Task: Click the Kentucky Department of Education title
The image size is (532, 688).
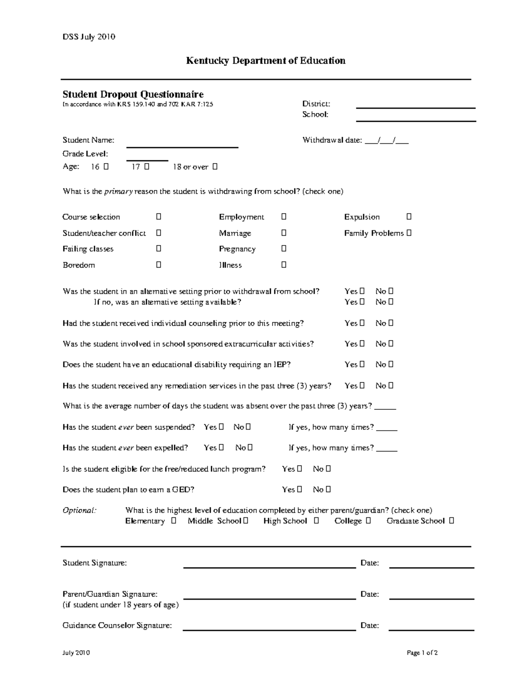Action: (x=266, y=61)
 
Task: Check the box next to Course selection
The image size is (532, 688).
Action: (x=158, y=217)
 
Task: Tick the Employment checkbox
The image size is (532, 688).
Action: (x=284, y=217)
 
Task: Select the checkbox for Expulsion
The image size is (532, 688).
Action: (x=409, y=217)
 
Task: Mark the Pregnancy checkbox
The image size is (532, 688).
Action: (x=284, y=249)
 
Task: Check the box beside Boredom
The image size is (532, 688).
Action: (x=158, y=264)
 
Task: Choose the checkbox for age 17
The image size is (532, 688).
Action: (x=147, y=167)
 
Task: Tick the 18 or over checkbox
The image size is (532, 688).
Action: (x=215, y=167)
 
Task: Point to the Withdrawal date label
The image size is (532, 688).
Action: (x=332, y=140)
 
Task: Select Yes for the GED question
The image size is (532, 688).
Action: (x=300, y=489)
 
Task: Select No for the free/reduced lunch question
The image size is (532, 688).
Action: (x=329, y=468)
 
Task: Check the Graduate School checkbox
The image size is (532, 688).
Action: (x=451, y=521)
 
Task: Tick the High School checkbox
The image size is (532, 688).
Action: (x=316, y=521)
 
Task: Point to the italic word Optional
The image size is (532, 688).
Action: (x=79, y=510)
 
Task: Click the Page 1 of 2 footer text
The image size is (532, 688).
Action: (x=422, y=653)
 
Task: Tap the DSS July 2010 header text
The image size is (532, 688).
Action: (x=89, y=37)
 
